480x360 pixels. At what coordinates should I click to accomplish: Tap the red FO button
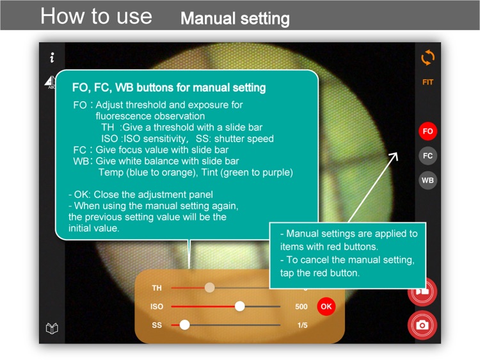click(428, 131)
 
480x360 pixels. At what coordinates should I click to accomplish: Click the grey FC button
click(428, 156)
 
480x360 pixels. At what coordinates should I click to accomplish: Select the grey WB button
click(428, 180)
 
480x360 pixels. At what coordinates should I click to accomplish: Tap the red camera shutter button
click(422, 325)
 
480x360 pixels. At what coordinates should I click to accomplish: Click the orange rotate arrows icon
click(428, 57)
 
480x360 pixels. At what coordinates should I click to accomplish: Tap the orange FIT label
click(428, 82)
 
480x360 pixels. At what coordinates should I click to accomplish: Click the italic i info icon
click(52, 57)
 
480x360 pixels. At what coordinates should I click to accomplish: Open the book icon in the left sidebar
click(52, 329)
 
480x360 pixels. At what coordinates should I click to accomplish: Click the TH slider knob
click(210, 288)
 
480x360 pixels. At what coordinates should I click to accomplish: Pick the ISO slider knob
click(240, 306)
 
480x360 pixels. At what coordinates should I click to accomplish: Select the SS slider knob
click(184, 325)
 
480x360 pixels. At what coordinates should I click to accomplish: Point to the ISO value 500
click(301, 306)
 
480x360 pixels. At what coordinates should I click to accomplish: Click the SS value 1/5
click(303, 325)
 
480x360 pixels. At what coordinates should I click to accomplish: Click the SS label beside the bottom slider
click(157, 325)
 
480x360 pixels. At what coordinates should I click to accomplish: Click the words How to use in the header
click(96, 16)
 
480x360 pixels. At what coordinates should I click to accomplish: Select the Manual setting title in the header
click(235, 19)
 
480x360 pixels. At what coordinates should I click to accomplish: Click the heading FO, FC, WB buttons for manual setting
click(169, 88)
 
